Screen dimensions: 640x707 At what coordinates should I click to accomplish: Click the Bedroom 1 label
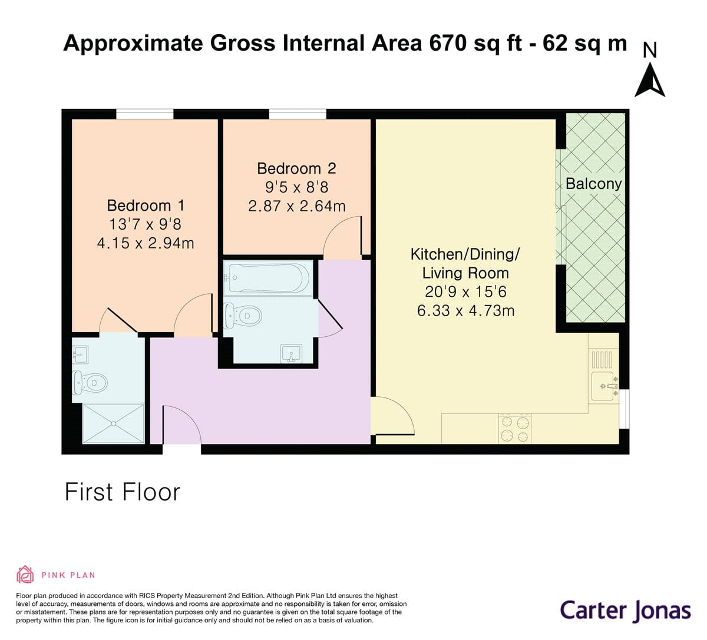(146, 205)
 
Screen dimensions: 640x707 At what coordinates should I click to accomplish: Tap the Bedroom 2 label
(296, 168)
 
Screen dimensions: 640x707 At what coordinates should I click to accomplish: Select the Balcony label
(593, 184)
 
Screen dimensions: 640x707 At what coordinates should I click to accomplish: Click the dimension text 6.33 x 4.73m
(465, 310)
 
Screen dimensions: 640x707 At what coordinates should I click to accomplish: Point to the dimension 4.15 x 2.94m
(146, 243)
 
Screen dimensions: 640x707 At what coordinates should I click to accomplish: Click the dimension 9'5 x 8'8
(296, 187)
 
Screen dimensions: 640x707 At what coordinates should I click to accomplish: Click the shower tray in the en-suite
(114, 423)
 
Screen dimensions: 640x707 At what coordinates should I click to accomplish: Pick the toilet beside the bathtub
(244, 316)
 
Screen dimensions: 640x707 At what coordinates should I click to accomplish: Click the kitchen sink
(604, 386)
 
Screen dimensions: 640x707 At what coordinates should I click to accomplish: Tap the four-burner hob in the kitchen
(515, 429)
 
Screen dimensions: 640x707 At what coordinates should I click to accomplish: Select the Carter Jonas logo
(625, 610)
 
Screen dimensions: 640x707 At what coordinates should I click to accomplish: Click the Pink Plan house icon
(25, 574)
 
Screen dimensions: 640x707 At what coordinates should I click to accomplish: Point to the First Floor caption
(122, 492)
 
